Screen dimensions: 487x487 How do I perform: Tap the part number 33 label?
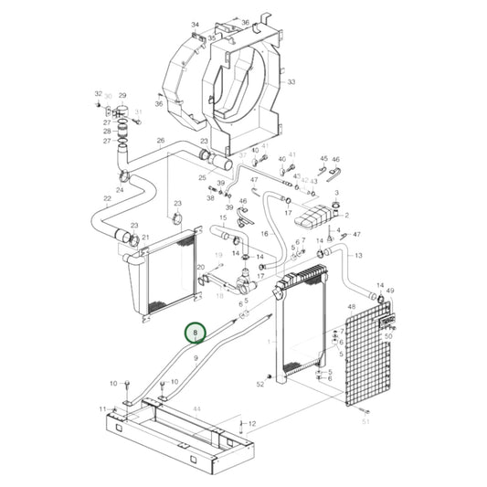291,82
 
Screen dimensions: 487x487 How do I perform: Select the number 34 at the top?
195,24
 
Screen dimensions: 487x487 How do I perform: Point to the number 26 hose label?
161,141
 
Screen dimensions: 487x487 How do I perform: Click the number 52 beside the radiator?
260,385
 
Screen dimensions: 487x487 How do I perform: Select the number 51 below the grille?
366,421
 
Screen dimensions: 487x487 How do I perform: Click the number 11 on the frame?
103,408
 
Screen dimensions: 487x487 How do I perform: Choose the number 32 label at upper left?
99,94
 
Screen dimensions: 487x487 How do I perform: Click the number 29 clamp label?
122,95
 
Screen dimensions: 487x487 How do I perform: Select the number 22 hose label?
107,198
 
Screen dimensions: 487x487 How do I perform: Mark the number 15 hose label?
223,218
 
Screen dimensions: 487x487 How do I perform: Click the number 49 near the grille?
390,291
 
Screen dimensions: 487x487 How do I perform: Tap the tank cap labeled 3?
336,193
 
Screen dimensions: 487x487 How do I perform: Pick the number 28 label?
107,131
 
